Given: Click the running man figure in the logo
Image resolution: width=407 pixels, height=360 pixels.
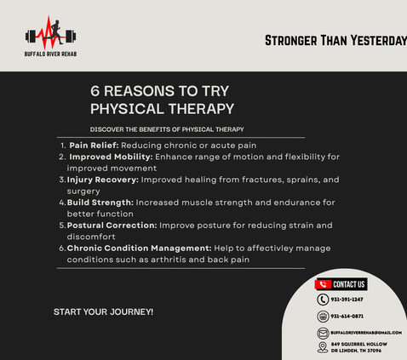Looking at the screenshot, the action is [x=56, y=32].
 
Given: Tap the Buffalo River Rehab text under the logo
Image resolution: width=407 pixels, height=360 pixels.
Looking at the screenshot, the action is [x=50, y=54].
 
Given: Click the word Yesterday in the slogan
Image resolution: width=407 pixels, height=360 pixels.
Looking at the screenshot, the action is [x=379, y=41].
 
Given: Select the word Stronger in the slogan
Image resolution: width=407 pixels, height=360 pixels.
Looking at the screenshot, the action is [x=291, y=41].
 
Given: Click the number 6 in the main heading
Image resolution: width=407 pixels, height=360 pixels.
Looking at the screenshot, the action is [x=95, y=91].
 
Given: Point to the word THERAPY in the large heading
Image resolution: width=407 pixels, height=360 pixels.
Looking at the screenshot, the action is [x=201, y=109].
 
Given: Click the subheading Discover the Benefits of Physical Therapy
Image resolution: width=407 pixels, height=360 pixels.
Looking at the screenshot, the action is [x=167, y=129].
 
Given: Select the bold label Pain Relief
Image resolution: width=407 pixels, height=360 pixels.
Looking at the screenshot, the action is [x=94, y=146].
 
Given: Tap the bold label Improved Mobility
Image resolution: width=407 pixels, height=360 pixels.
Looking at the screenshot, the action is [x=111, y=157].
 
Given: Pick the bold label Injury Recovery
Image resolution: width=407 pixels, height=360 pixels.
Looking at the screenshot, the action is [x=103, y=180].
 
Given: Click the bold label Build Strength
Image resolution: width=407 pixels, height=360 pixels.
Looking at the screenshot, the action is [x=100, y=203].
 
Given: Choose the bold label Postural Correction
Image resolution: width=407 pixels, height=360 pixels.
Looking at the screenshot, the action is [x=112, y=226].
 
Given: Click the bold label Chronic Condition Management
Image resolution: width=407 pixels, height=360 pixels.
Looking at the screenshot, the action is [x=139, y=249].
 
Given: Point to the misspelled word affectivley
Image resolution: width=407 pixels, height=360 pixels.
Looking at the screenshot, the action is [x=270, y=249].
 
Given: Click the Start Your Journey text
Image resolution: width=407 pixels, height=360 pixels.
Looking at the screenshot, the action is [x=103, y=312].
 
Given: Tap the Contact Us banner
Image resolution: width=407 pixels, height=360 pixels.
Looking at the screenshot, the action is [x=341, y=284].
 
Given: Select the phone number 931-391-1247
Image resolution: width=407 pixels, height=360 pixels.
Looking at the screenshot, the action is [x=347, y=300].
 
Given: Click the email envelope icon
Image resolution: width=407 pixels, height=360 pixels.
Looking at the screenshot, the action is [x=323, y=333].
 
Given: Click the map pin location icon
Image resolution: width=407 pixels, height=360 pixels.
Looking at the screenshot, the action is [x=323, y=347].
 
